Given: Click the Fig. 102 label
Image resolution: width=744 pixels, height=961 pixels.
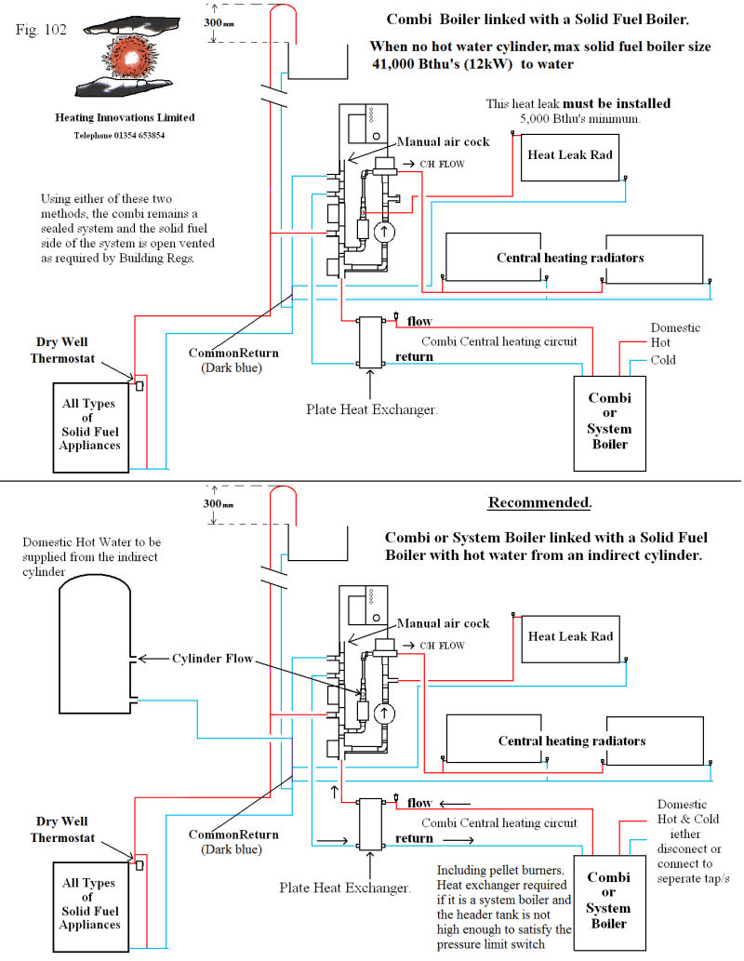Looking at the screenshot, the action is tap(40, 30).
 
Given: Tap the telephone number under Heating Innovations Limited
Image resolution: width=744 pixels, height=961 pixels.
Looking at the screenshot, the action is tap(120, 136).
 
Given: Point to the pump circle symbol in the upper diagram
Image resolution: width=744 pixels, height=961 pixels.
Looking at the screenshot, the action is tap(384, 232).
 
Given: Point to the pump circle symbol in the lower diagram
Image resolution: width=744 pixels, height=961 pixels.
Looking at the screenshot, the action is tap(384, 714).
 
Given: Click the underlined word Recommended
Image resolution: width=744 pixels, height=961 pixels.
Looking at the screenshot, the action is tap(540, 502).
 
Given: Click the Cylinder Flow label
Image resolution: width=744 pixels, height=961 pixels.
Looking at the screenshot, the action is tap(212, 659).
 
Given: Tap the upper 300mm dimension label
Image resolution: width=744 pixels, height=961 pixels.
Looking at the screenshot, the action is tap(219, 23).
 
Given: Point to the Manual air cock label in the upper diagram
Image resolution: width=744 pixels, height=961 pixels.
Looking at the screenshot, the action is tap(443, 141).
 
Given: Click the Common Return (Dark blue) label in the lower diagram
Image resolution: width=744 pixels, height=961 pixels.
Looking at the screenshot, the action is tap(232, 842).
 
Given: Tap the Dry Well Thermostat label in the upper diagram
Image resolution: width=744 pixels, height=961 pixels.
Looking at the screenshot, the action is tap(62, 350).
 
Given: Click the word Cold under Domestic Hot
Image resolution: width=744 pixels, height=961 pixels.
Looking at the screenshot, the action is tap(662, 360).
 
